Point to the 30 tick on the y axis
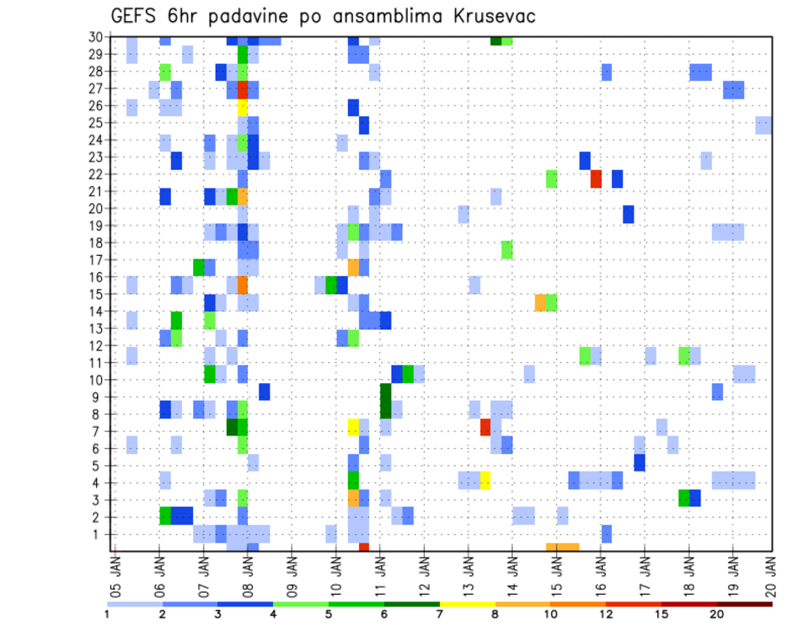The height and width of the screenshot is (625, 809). click(x=95, y=37)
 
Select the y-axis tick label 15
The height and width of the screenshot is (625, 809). click(x=95, y=294)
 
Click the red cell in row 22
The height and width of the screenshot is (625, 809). click(x=596, y=179)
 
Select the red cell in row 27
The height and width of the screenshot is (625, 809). click(x=243, y=89)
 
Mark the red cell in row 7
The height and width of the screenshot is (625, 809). click(x=485, y=427)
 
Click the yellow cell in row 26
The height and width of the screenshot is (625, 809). click(x=243, y=107)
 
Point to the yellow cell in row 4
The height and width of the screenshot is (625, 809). click(x=485, y=480)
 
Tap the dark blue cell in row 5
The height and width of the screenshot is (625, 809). click(x=640, y=462)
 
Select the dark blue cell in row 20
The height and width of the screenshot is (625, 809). click(x=629, y=214)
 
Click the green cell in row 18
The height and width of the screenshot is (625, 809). click(x=507, y=249)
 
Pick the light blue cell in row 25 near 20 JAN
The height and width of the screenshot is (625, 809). click(x=763, y=125)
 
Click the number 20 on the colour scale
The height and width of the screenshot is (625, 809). click(x=718, y=614)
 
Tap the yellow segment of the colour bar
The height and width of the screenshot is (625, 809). click(x=468, y=604)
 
